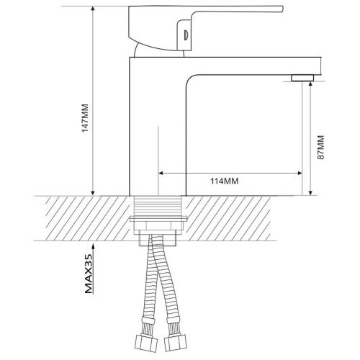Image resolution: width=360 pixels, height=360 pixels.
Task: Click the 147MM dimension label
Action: pyautogui.click(x=86, y=118)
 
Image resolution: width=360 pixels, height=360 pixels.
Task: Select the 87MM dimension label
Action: pyautogui.click(x=320, y=148)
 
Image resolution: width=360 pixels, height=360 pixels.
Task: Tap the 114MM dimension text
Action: pyautogui.click(x=225, y=181)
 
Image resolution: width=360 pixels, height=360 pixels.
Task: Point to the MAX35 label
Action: pyautogui.click(x=89, y=274)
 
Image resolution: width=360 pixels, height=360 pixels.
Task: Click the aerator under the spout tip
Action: pyautogui.click(x=302, y=78)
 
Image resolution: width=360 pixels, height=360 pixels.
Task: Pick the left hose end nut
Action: pyautogui.click(x=146, y=343)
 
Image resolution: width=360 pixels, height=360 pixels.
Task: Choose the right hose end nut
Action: pyautogui.click(x=175, y=343)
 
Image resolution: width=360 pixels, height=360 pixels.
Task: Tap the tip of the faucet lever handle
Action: pyautogui.click(x=283, y=9)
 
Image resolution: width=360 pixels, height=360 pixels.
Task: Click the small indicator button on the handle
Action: pyautogui.click(x=186, y=35)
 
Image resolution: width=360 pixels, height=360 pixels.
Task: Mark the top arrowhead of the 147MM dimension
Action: pyautogui.click(x=93, y=8)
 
